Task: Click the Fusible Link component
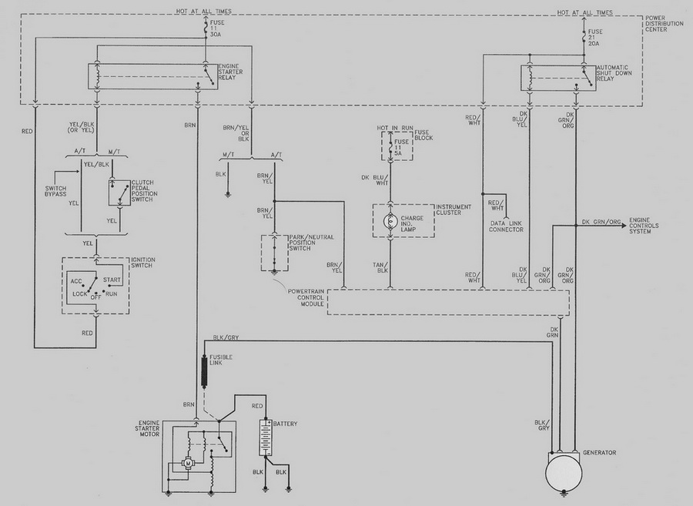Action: tap(204, 372)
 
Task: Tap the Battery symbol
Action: tap(266, 437)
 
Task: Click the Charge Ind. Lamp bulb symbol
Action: tap(390, 220)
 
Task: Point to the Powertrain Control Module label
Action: tap(306, 298)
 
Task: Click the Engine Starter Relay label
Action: tap(230, 72)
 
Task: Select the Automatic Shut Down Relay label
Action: tap(614, 73)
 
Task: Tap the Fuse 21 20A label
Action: tap(594, 38)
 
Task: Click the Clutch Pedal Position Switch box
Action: tap(119, 193)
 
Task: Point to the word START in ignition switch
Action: tap(112, 280)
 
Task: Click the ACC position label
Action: tap(76, 282)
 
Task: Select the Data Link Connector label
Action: tap(507, 226)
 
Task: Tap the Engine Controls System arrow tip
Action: tap(627, 226)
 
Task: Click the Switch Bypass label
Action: tap(55, 191)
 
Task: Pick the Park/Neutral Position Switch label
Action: tap(311, 243)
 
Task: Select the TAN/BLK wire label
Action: tap(380, 267)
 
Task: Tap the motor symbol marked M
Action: tap(189, 463)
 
